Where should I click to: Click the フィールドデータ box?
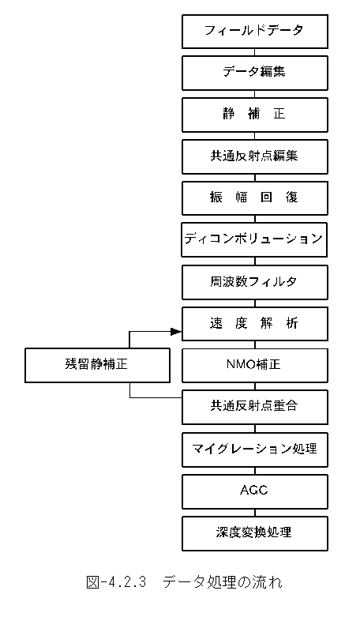[x=254, y=32]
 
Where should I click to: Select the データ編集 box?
[x=254, y=73]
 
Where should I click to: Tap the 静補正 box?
[x=254, y=115]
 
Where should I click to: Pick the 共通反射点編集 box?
[x=254, y=156]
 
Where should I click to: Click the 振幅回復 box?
[x=254, y=198]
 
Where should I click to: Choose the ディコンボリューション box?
[x=254, y=239]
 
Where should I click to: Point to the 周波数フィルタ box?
[x=254, y=282]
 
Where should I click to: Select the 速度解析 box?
[x=254, y=324]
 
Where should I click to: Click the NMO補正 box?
[x=254, y=365]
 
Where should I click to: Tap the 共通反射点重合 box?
[x=254, y=407]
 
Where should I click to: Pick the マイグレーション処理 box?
[x=254, y=450]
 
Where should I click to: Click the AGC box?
[x=254, y=491]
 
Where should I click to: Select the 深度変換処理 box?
[x=254, y=533]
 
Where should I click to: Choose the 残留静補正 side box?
[x=97, y=365]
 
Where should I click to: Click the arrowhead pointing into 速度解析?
[x=176, y=332]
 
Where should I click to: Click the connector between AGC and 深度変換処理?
[x=254, y=513]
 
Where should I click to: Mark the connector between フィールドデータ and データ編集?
[x=254, y=52]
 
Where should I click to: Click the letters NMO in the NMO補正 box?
[x=239, y=365]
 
